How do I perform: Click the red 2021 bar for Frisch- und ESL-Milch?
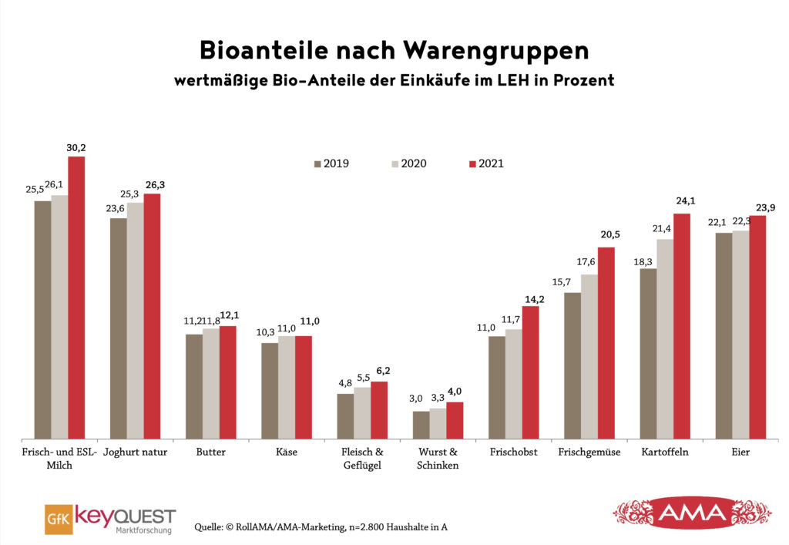76,298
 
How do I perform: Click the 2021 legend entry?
485,163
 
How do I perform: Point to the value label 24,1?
682,205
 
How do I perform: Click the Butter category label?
210,452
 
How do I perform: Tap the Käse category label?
286,452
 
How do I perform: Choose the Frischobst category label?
514,452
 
